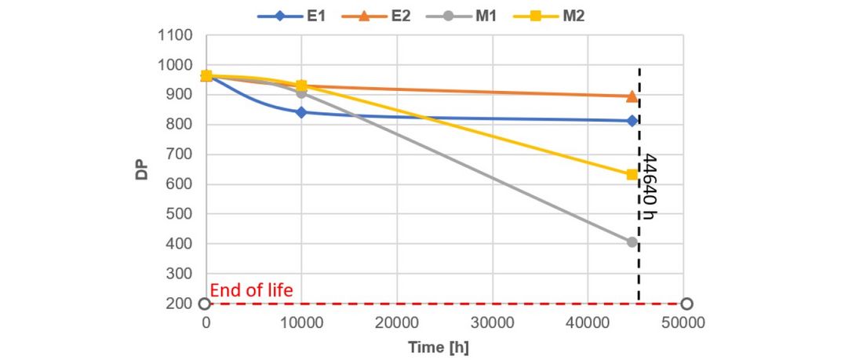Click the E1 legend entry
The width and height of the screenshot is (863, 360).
tap(291, 16)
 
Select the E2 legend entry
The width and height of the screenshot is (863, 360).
tap(376, 16)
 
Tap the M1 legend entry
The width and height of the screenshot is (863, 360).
tap(462, 16)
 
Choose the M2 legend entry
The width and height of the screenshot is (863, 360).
tap(548, 16)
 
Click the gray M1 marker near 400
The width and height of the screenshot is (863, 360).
tap(632, 242)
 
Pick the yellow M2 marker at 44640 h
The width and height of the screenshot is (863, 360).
tap(632, 174)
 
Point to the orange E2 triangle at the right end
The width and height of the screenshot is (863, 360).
tap(632, 96)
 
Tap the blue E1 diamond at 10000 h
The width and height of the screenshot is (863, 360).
tap(301, 112)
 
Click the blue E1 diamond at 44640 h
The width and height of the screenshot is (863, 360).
tap(632, 121)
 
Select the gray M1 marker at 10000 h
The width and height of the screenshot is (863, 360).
tap(301, 93)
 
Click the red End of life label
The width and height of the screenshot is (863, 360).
tap(252, 290)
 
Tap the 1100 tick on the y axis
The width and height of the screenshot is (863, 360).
tap(174, 36)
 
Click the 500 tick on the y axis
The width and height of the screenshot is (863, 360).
tap(180, 214)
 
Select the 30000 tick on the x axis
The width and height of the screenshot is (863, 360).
tap(492, 323)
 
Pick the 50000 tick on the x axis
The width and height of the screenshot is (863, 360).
tap(683, 323)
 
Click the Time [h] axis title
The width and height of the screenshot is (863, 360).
tap(438, 347)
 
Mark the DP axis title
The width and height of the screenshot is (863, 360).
tap(141, 169)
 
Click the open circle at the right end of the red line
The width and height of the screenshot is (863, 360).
tap(686, 304)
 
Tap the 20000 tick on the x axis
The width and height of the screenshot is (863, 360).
tap(397, 323)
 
